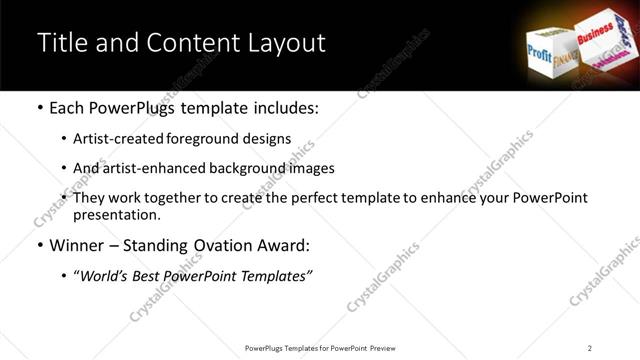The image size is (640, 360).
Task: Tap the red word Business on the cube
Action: click(595, 34)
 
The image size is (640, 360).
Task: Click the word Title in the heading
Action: click(59, 44)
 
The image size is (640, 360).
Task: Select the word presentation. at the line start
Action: click(117, 215)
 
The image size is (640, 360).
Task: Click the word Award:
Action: click(286, 245)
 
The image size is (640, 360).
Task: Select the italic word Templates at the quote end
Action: click(279, 277)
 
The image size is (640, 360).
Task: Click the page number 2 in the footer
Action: click(590, 348)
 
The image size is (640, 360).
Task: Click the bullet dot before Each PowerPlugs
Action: click(39, 107)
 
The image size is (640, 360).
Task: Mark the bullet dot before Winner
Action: click(39, 246)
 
